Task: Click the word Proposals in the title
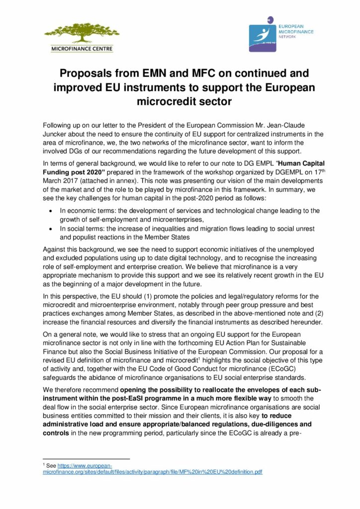click(x=84, y=74)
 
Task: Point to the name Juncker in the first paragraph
click(x=55, y=134)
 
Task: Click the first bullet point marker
click(x=49, y=211)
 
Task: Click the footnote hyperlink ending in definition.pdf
click(x=153, y=471)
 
